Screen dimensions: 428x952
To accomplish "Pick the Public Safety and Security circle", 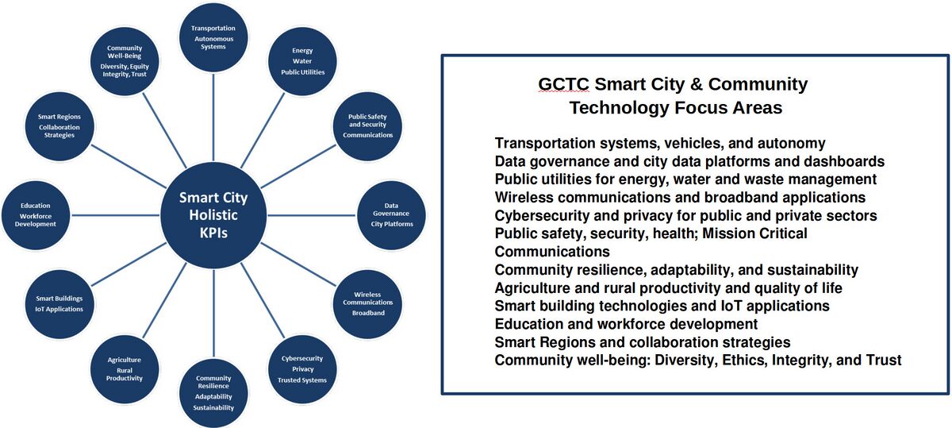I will coord(367,126).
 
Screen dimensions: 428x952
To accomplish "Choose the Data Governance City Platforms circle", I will coord(392,215).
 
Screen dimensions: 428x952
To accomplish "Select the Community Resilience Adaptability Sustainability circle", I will coord(213,394).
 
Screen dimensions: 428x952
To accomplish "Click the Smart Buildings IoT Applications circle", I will coord(59,304).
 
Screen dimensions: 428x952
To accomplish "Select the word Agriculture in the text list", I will coord(532,287).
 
